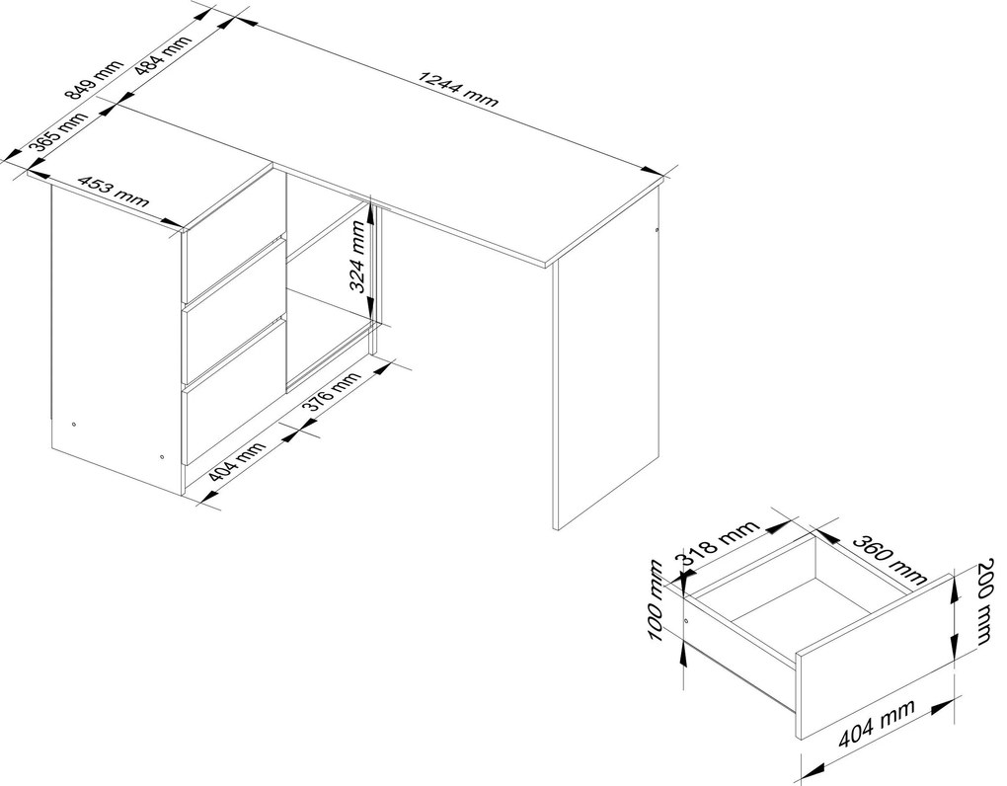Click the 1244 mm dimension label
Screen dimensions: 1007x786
(x=458, y=88)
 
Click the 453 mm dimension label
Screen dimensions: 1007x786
(x=113, y=191)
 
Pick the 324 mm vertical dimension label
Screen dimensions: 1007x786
(x=361, y=255)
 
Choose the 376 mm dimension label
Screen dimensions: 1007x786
(x=331, y=392)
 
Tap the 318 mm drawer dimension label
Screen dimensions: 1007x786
(x=720, y=543)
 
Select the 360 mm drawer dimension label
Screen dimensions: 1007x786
(x=889, y=559)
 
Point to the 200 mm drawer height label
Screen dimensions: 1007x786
(x=986, y=601)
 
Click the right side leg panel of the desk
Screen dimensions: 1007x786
(x=606, y=359)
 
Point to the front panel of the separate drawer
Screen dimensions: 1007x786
(x=875, y=657)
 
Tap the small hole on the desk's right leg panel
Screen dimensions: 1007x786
(x=657, y=229)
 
